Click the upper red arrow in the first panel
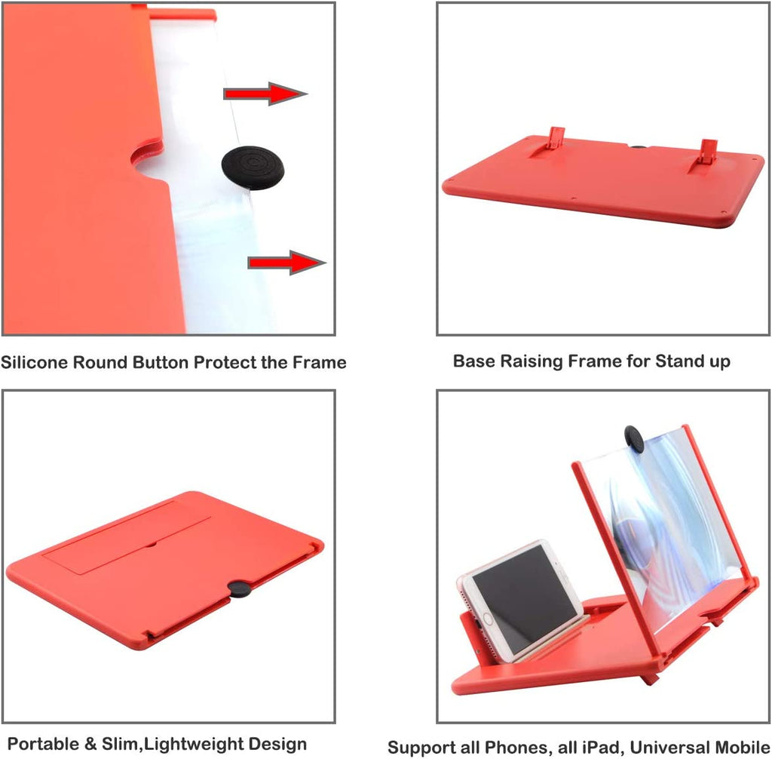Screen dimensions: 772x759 265,93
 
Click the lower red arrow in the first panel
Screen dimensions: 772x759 286,263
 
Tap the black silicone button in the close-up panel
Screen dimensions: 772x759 253,167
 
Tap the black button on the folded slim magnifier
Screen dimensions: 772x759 240,588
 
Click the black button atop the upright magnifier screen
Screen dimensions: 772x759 634,440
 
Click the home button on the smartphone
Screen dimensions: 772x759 488,618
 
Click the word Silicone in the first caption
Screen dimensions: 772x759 34,362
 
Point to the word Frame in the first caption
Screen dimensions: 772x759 320,362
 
